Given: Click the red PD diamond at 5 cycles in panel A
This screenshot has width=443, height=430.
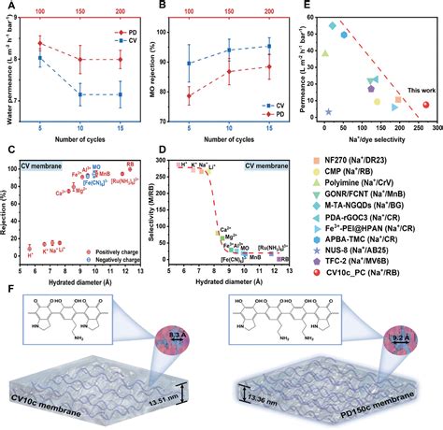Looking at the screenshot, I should tap(40, 43).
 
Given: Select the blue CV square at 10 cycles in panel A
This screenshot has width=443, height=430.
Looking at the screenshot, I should tap(81, 94).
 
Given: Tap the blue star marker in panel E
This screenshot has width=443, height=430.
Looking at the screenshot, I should tap(328, 111).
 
